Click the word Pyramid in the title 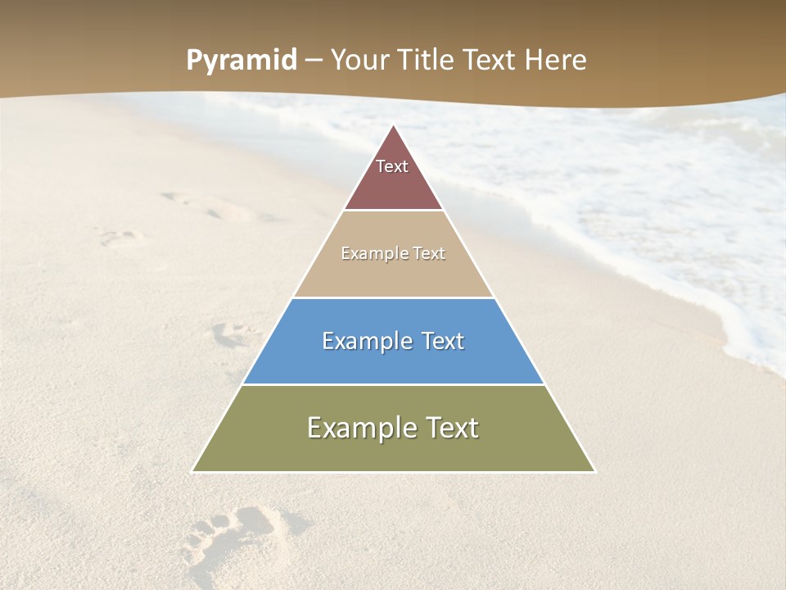[x=242, y=61]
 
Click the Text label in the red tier [x=392, y=166]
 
